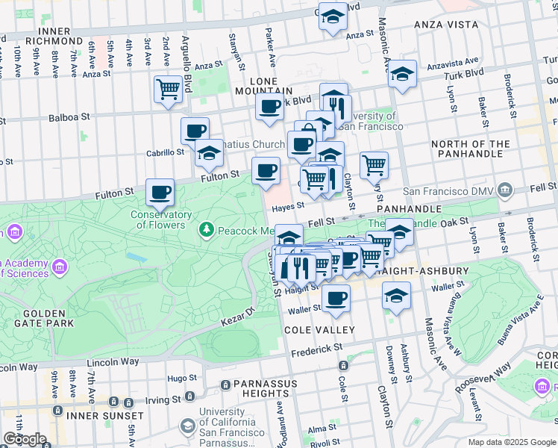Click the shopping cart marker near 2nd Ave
click(x=169, y=90)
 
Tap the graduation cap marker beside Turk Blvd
click(x=402, y=74)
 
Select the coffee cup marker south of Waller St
click(x=336, y=299)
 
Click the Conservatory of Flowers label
click(x=158, y=220)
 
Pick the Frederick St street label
click(x=316, y=349)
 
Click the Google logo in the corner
click(x=25, y=439)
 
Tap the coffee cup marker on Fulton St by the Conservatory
click(x=160, y=193)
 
